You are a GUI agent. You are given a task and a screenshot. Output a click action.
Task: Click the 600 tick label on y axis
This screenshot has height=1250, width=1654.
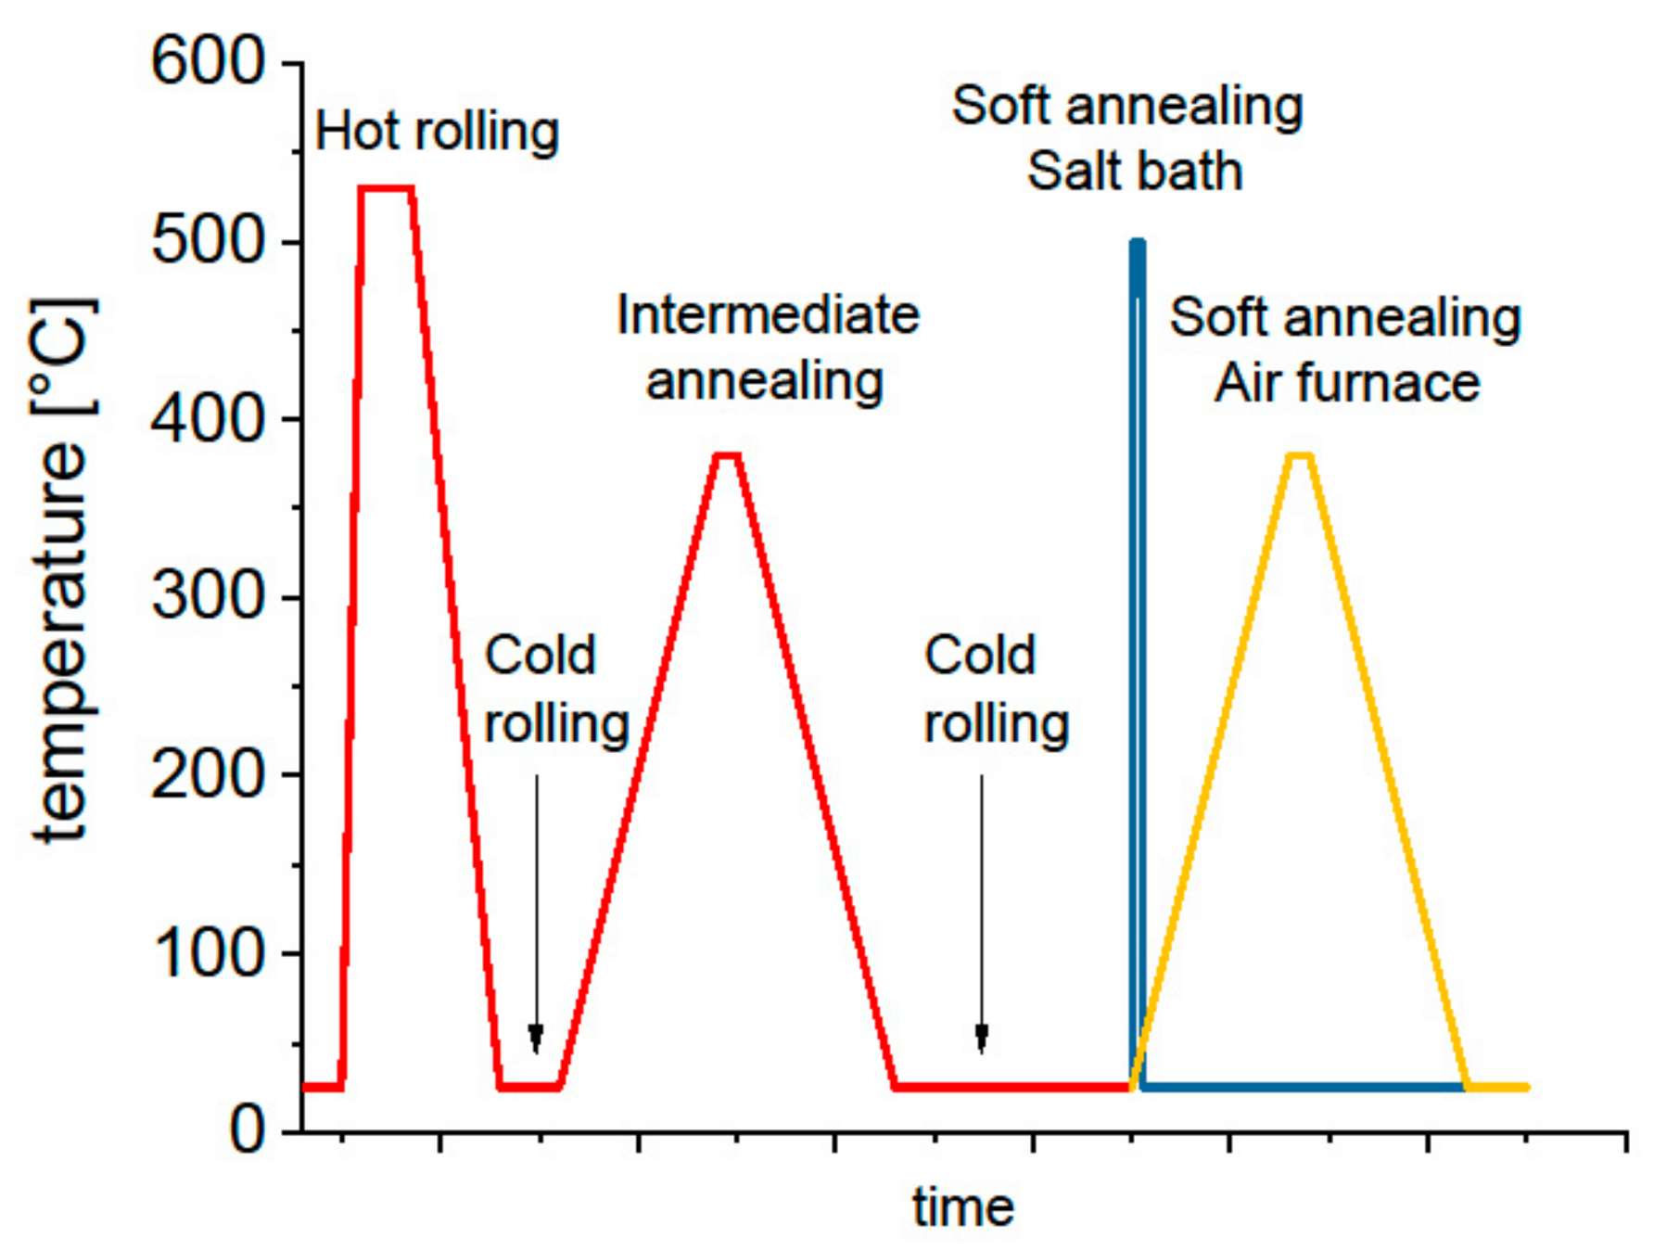[x=208, y=62]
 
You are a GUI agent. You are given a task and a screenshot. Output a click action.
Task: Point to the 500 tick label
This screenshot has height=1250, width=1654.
[x=208, y=241]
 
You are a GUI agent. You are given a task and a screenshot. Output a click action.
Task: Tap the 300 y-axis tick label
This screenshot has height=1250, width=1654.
[x=208, y=596]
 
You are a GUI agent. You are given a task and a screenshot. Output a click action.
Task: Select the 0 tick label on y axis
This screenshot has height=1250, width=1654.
[x=247, y=1130]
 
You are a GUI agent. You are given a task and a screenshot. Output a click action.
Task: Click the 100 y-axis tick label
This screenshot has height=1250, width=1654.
[x=208, y=952]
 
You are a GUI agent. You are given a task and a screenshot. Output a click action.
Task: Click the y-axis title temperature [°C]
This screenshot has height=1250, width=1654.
[x=63, y=570]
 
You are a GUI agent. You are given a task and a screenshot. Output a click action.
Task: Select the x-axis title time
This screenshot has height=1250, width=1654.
[x=962, y=1207]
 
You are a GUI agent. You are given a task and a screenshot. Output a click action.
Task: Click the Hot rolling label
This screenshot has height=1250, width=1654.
[x=437, y=131]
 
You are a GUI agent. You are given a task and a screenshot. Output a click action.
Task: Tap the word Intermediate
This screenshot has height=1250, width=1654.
[x=768, y=315]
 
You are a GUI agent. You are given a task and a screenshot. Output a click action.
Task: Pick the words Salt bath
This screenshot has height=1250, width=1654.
[x=1134, y=172]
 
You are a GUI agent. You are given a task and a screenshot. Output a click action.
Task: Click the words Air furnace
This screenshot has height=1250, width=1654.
[x=1346, y=383]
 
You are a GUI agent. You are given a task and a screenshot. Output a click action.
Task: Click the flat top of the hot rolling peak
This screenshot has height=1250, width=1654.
[x=386, y=188]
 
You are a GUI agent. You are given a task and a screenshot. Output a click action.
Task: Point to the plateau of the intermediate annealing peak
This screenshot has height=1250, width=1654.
[x=727, y=454]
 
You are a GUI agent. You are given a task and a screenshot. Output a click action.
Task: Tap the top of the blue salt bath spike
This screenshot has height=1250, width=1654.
[x=1138, y=244]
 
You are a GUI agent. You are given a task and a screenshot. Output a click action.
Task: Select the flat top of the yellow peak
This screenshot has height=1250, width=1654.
[x=1300, y=454]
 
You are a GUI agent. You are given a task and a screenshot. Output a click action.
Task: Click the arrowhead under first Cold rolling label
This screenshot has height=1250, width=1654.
[x=536, y=1039]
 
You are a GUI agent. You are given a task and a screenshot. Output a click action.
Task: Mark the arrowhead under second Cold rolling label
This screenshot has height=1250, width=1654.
[x=982, y=1039]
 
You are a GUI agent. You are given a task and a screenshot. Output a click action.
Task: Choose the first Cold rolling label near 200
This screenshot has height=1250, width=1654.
[x=556, y=689]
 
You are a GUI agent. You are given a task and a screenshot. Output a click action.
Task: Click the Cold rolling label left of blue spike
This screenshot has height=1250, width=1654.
[x=996, y=689]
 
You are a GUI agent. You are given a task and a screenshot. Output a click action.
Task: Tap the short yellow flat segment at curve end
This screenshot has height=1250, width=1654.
[x=1497, y=1087]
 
